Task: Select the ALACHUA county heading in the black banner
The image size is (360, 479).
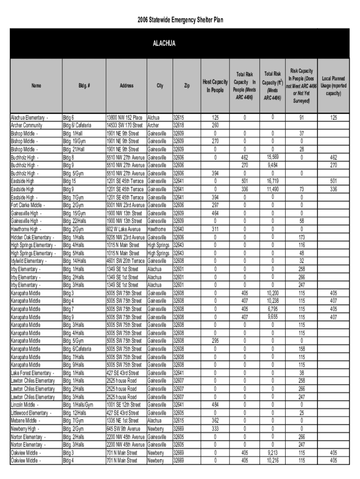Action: click(163, 44)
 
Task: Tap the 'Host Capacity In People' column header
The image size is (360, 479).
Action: click(215, 86)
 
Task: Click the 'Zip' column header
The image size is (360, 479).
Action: click(187, 86)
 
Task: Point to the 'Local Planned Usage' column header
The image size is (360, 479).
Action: click(334, 86)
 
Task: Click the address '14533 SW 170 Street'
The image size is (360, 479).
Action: click(125, 125)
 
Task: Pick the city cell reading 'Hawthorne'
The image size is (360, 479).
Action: click(157, 229)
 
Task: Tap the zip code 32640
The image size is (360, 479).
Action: click(179, 229)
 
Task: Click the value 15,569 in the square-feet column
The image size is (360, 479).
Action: click(273, 157)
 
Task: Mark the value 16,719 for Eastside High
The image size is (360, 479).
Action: click(273, 181)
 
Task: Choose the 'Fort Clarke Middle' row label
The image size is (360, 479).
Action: click(28, 205)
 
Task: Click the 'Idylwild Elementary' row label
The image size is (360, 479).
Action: click(28, 261)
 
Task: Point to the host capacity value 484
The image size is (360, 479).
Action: click(215, 405)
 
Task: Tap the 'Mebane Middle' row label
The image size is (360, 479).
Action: click(24, 421)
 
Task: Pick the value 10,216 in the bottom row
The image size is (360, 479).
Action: click(273, 461)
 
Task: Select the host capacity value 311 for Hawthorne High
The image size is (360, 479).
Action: click(215, 229)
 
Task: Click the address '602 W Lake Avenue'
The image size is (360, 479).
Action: click(123, 229)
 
